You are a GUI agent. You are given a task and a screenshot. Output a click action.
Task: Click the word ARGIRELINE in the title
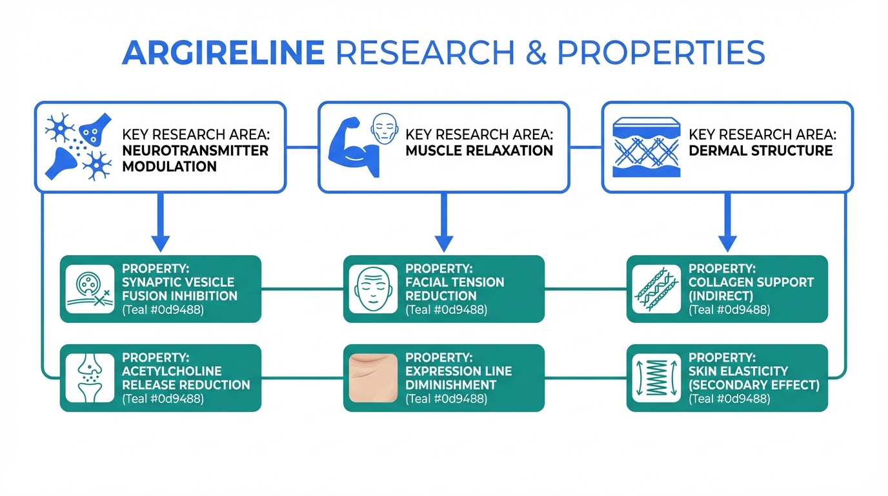pos(222,52)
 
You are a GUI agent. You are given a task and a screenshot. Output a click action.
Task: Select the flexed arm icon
pos(348,152)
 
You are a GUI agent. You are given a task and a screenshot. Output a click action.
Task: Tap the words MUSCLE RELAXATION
pos(479,150)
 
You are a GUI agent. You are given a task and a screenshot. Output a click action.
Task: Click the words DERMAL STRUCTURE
pos(760,150)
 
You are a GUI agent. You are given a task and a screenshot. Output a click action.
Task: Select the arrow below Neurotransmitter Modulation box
pos(159,223)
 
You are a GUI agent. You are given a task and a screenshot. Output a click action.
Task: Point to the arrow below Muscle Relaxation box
pos(443,223)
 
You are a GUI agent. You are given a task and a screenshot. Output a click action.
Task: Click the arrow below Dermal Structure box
pos(727,223)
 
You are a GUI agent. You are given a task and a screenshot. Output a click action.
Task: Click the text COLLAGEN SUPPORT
pos(751,282)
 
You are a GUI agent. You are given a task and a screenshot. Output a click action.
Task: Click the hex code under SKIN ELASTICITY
pos(729,399)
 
